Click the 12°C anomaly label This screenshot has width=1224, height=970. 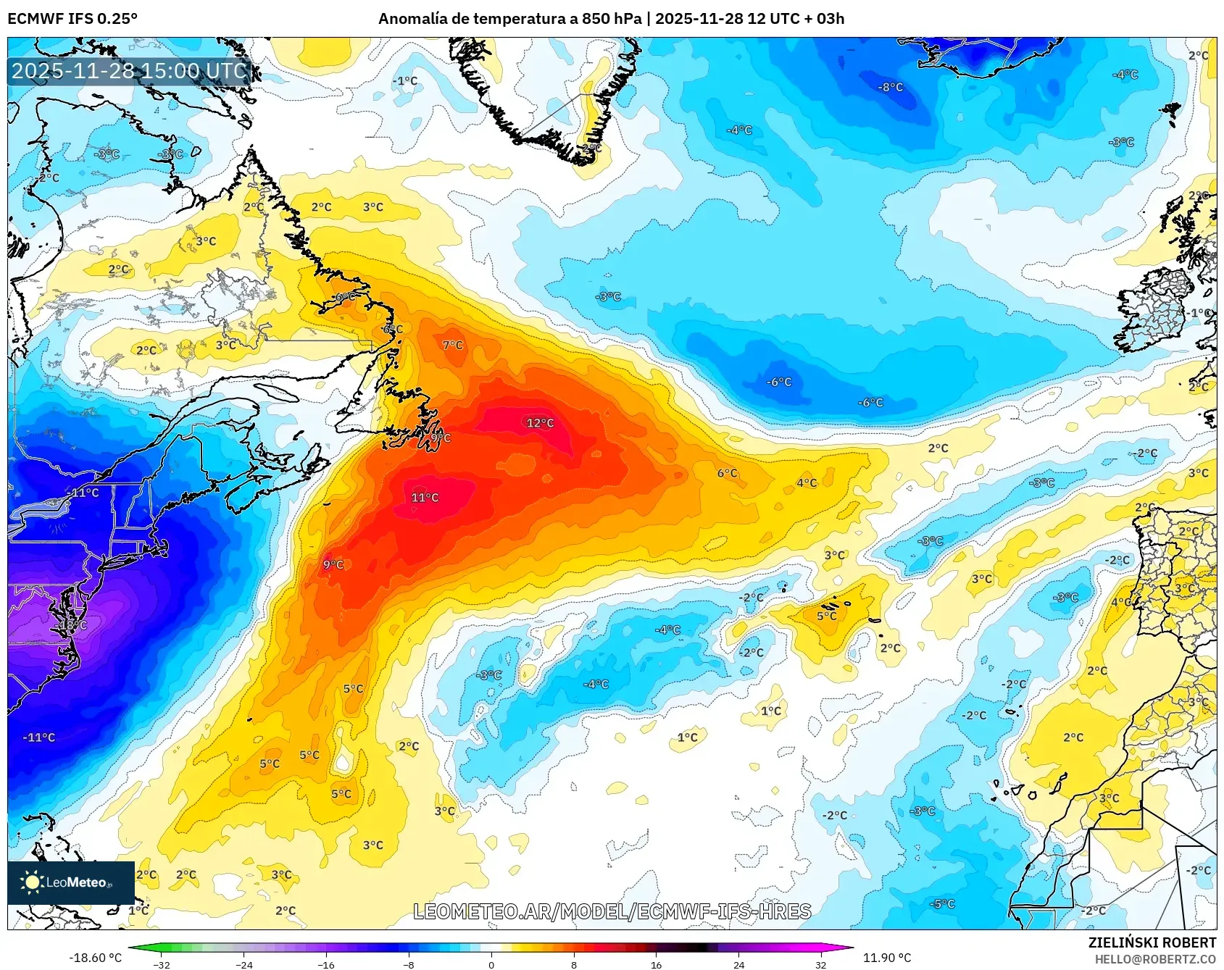(540, 423)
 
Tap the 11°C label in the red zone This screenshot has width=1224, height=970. (425, 498)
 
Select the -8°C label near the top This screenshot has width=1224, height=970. (891, 87)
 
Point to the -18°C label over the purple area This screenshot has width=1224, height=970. (72, 624)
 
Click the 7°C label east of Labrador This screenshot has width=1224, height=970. (453, 346)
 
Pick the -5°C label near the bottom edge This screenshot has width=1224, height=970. (943, 904)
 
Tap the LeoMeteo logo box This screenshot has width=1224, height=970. (71, 882)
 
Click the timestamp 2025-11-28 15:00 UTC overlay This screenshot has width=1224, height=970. (130, 71)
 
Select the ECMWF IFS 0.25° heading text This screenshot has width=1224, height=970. (72, 19)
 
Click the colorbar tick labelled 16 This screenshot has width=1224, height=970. (656, 964)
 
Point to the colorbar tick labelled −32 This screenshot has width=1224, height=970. (162, 964)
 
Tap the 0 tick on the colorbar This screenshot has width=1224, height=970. (491, 964)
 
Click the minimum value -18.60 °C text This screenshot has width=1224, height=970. (95, 958)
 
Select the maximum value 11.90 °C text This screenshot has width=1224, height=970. (886, 958)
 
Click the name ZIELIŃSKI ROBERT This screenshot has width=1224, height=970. (1152, 942)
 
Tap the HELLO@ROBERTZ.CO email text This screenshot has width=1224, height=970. (1155, 959)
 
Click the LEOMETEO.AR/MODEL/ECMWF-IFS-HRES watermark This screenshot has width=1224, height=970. (612, 911)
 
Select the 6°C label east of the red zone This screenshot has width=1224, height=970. (727, 473)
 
